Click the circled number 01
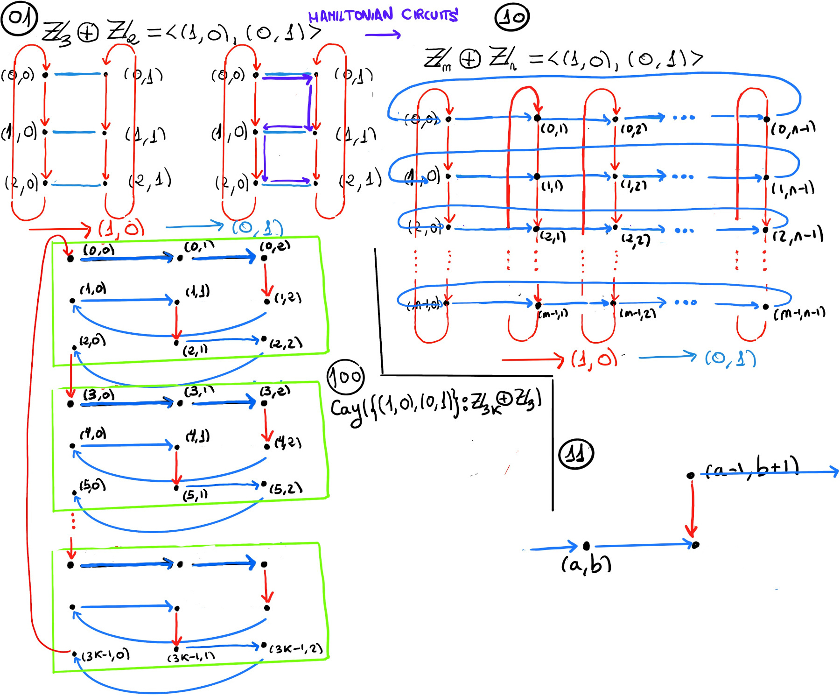pyautogui.click(x=19, y=19)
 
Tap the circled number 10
pyautogui.click(x=512, y=17)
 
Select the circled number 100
pyautogui.click(x=346, y=376)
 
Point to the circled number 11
pyautogui.click(x=576, y=454)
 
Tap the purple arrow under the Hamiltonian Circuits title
pyautogui.click(x=383, y=35)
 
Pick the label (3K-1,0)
pyautogui.click(x=105, y=655)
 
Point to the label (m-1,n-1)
pyautogui.click(x=799, y=313)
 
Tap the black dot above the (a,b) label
pyautogui.click(x=587, y=546)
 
